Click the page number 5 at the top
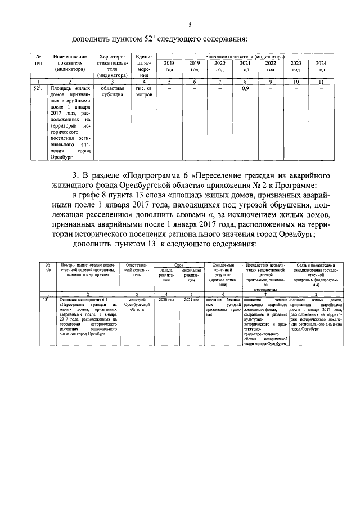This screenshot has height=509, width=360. (190, 24)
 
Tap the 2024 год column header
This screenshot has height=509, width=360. (321, 66)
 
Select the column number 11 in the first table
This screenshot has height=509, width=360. (321, 82)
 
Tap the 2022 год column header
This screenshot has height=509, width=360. (271, 66)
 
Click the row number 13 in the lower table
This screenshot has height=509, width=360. (48, 301)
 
